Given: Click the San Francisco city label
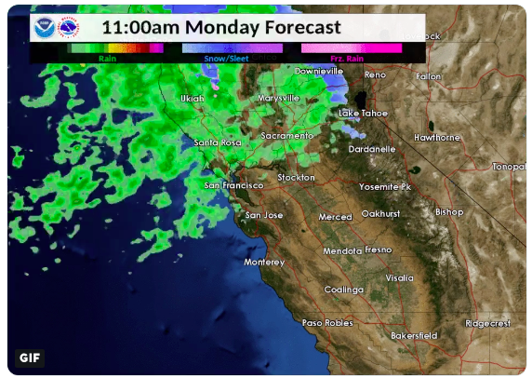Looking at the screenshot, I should point(234,185).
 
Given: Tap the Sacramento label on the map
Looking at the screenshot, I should point(287,136).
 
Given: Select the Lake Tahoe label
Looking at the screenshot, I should point(362,114).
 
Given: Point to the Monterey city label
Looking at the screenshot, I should point(263,263).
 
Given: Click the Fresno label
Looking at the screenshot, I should point(378,250).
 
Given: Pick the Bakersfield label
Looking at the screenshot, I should point(414,335).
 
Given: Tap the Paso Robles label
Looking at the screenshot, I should point(327,323).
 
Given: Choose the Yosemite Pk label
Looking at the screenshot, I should point(385,186).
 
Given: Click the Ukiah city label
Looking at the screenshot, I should point(192,98).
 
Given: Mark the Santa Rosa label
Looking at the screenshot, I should point(218,142).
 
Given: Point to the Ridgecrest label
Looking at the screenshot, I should point(488,323).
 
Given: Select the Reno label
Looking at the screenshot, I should point(375,74).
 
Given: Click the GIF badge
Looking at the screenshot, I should point(30,358).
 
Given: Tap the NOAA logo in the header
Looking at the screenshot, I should point(44,27).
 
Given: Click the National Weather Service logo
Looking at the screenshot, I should point(69,27).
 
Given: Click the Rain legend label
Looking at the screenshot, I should point(108,58).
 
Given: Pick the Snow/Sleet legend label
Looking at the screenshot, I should point(226,58).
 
